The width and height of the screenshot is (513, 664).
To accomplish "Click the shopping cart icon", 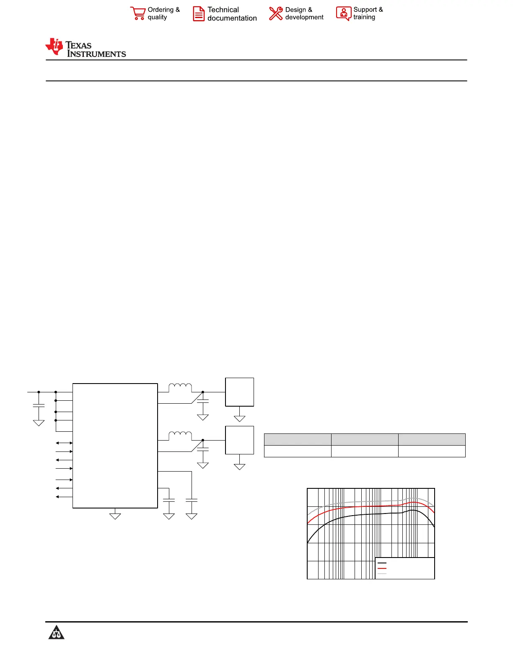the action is [138, 13].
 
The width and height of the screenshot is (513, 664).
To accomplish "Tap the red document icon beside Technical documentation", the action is [199, 14].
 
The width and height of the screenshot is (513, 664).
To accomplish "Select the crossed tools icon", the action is [276, 13].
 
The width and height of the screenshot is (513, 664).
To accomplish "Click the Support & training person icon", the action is [344, 13].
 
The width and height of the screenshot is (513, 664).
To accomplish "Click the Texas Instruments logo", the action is [85, 48].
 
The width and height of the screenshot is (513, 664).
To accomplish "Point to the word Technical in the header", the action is [223, 10].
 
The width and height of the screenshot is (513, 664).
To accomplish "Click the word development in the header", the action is [304, 18].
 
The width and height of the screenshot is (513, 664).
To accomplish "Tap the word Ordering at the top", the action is [161, 10].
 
